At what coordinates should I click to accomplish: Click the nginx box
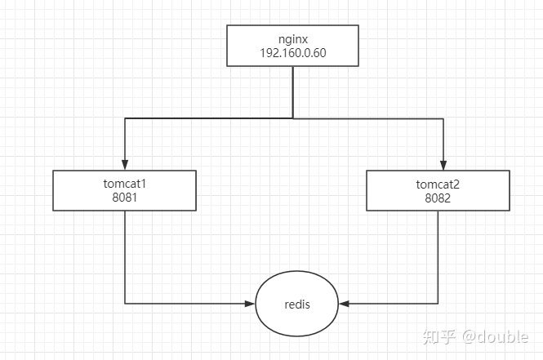click(293, 45)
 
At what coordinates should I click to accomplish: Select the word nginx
click(293, 38)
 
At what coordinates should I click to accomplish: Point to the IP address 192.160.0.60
click(293, 53)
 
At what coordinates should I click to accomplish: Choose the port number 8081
click(124, 197)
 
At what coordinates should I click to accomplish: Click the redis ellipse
click(297, 304)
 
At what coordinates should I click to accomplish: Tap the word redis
click(297, 304)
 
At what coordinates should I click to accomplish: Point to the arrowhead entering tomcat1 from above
click(124, 164)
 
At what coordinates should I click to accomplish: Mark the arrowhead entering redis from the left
click(249, 304)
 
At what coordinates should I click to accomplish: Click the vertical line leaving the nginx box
click(293, 91)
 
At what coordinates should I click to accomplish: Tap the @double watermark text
click(495, 336)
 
